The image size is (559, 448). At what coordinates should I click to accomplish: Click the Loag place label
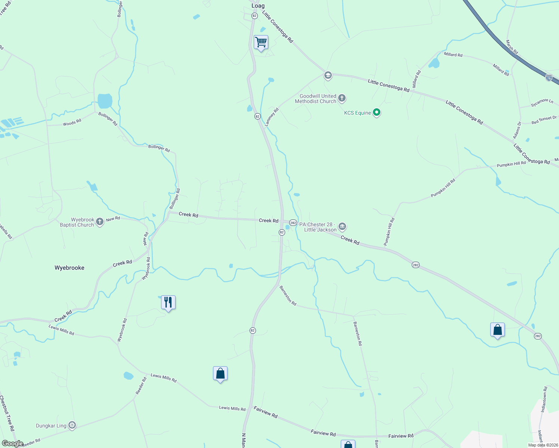[258, 6]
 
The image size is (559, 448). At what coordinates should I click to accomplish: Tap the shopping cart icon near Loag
[261, 42]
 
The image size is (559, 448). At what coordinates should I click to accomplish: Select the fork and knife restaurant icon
[168, 302]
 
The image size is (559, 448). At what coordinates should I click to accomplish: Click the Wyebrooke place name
[70, 268]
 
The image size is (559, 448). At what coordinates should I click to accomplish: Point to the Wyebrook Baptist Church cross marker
[99, 222]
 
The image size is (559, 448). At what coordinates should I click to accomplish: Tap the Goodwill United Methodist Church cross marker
[342, 98]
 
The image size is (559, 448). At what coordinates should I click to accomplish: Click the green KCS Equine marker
[377, 112]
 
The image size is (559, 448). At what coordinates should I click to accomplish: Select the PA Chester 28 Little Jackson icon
[342, 226]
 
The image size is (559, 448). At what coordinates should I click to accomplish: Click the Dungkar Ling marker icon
[72, 425]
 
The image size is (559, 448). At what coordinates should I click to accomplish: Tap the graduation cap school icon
[328, 75]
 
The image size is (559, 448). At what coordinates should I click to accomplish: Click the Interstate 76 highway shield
[549, 78]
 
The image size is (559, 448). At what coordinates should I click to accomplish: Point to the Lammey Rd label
[272, 117]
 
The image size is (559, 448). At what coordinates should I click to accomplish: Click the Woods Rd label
[72, 123]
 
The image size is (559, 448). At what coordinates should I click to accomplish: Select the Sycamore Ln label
[542, 103]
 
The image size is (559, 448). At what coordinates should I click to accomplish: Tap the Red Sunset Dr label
[544, 120]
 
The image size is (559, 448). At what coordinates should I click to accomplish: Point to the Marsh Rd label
[512, 47]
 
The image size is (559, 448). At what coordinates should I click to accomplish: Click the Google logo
[12, 444]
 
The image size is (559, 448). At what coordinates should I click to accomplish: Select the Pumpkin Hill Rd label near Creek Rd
[390, 232]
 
